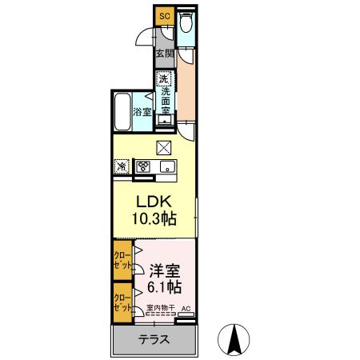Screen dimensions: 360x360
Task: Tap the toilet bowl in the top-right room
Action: pos(186,23)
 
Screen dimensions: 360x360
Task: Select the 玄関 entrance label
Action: pos(164,54)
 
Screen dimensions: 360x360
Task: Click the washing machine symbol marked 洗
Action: pos(163,79)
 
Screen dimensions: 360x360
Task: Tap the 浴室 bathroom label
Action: pos(142,113)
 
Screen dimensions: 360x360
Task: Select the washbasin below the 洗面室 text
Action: pos(164,120)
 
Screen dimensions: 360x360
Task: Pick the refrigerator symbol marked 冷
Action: pos(122,167)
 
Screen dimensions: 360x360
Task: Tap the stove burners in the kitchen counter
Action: pos(144,167)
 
